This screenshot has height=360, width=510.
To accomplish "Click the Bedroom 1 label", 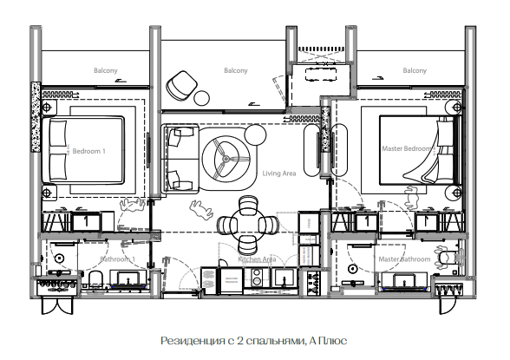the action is (x=88, y=151).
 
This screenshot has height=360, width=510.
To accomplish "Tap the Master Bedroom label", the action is (x=408, y=148).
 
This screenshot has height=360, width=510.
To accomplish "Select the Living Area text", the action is (x=279, y=173).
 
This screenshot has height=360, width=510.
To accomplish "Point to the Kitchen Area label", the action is (x=257, y=259).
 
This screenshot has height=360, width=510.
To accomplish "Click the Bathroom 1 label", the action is (x=117, y=259).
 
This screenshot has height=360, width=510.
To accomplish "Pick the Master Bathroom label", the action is (x=404, y=259).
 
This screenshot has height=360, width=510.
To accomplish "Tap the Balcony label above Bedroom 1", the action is (x=106, y=70).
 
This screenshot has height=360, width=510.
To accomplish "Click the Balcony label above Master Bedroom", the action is (x=415, y=70).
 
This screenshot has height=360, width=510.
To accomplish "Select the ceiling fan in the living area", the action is (x=226, y=159).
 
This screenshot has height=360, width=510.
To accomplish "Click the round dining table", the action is (x=248, y=225).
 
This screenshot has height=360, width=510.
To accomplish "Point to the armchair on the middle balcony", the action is (x=181, y=86).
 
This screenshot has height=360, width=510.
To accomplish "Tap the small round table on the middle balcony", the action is (x=202, y=98).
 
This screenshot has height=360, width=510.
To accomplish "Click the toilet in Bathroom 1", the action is (x=96, y=279).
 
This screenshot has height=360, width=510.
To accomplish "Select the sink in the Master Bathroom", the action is (x=404, y=281).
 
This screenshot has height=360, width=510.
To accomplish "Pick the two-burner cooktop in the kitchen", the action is (x=257, y=277).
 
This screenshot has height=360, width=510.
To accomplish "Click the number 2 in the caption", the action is (x=240, y=341).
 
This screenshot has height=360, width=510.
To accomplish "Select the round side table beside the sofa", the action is (x=255, y=134).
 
